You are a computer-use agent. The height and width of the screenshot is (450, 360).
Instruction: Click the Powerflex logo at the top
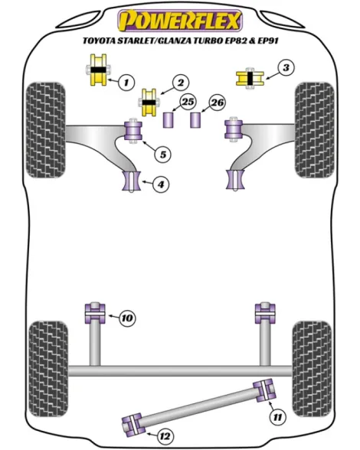click(180, 21)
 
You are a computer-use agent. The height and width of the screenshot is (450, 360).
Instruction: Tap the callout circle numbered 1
click(126, 83)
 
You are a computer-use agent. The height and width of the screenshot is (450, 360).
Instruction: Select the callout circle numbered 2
click(181, 83)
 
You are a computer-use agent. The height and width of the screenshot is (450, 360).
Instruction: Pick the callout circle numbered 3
click(286, 67)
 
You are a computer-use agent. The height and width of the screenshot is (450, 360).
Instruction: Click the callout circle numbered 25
click(188, 102)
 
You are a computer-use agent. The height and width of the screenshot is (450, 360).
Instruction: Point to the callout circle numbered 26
click(218, 103)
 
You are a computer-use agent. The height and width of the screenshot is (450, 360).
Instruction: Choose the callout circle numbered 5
click(163, 155)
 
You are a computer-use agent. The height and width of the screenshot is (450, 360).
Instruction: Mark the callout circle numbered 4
click(161, 184)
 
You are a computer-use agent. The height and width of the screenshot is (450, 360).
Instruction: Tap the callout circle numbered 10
click(127, 318)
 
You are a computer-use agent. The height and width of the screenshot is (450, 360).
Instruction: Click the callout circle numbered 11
click(277, 416)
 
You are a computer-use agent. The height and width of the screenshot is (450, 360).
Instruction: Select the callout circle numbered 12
click(165, 436)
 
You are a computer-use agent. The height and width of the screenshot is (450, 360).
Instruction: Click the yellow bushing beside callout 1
click(98, 70)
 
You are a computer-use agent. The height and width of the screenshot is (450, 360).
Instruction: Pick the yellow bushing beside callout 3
click(250, 78)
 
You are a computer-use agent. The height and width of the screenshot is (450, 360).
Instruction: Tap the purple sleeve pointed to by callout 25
click(169, 120)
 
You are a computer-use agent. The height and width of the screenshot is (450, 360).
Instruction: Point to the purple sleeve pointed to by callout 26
click(195, 120)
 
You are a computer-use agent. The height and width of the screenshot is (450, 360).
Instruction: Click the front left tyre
click(46, 130)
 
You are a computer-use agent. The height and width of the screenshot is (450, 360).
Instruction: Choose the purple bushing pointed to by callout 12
click(133, 425)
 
